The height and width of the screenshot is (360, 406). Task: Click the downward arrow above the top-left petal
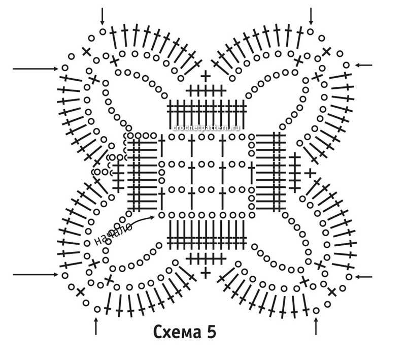click(103, 16)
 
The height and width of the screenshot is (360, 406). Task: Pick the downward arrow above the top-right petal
click(311, 16)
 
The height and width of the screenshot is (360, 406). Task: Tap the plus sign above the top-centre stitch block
click(206, 77)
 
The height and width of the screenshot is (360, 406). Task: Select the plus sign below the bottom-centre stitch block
click(206, 273)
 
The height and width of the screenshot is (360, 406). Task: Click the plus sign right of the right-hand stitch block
click(310, 173)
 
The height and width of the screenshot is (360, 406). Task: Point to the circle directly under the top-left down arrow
click(103, 31)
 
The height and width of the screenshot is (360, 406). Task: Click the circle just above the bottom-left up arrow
click(97, 309)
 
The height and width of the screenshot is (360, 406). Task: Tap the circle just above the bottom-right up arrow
click(316, 309)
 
